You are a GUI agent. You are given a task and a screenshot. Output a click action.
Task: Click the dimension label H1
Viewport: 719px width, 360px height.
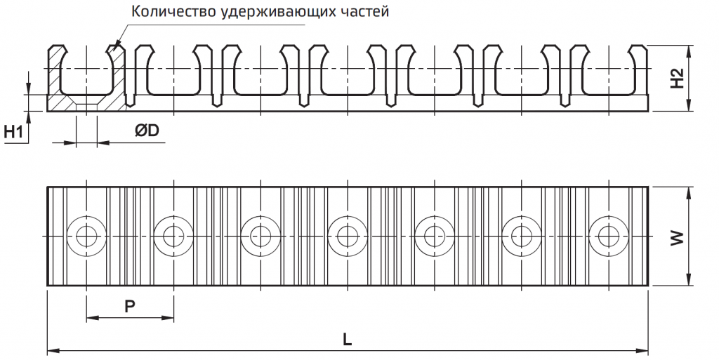[13, 133]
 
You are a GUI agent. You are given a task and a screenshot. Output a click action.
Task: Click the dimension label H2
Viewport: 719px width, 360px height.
[678, 79]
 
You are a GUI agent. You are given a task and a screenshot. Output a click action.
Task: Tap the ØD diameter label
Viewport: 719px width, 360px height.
[147, 131]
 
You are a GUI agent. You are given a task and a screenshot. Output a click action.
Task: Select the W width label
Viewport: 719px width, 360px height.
[678, 238]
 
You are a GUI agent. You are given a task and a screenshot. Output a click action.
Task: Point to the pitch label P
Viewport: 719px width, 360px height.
[130, 307]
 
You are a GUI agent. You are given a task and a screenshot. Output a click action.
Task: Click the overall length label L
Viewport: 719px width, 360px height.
[347, 340]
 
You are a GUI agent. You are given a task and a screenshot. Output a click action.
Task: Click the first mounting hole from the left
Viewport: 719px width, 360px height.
[86, 236]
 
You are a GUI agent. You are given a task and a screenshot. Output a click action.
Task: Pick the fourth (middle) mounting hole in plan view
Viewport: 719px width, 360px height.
[348, 236]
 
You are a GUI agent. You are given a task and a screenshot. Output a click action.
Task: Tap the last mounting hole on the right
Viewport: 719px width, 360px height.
[609, 236]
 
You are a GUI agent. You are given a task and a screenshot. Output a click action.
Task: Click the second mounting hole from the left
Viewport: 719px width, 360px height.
[173, 236]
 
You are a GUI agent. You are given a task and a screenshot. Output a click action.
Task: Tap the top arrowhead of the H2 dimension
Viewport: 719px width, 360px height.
[690, 51]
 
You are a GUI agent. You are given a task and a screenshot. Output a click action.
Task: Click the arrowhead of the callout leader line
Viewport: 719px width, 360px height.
[116, 45]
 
